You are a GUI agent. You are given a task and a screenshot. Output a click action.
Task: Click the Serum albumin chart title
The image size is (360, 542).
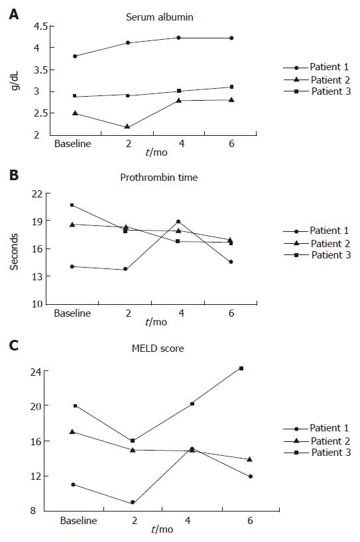coord(159,17)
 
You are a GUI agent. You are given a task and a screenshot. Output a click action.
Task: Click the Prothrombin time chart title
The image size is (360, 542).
coord(158,178)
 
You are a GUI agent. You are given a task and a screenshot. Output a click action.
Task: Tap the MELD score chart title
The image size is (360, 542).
coord(158,348)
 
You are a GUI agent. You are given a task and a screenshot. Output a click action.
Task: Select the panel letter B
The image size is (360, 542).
coord(14,175)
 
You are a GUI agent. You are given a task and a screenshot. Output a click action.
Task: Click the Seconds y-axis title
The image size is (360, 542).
coord(14,252)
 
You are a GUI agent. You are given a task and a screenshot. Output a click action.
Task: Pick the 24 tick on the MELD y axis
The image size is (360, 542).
coord(36,372)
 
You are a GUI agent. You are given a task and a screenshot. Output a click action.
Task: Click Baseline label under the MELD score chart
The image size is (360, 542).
coord(78,521)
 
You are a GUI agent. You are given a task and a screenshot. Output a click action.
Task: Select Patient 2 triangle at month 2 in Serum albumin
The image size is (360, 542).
coord(127,127)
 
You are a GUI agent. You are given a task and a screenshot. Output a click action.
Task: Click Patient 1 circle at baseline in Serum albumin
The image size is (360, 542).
coord(75,56)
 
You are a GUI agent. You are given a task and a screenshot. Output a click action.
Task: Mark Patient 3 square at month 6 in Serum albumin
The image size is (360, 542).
coord(231,87)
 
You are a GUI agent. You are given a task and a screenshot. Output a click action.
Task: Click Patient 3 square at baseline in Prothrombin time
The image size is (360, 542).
coord(72,205)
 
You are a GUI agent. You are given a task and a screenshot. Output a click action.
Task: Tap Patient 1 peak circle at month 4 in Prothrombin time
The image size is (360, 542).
coord(178,221)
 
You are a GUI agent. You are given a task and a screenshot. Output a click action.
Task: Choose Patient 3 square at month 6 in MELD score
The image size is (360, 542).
coord(241,368)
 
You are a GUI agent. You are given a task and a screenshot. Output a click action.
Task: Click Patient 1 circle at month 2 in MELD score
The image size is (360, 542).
coord(133,502)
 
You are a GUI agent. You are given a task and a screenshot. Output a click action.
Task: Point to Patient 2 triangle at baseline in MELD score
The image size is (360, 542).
coord(72,431)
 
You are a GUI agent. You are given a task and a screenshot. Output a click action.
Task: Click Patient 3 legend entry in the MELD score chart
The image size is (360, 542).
coord(317,453)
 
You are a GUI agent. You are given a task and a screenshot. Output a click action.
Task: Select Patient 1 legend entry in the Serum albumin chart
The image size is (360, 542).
coord(316,67)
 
